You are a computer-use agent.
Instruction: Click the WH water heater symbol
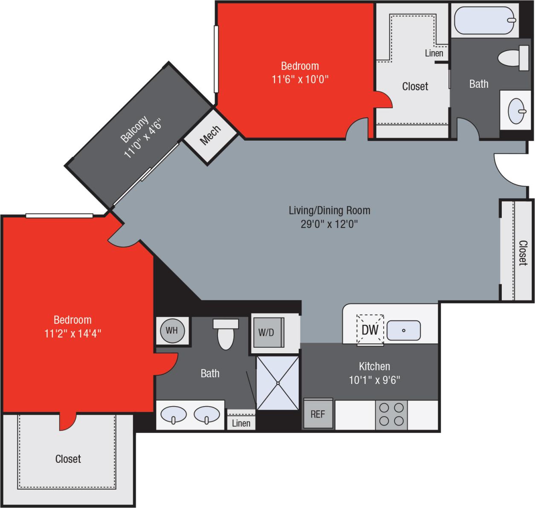click(x=172, y=330)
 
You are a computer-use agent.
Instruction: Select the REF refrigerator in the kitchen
click(x=318, y=414)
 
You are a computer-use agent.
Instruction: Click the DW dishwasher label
click(x=370, y=330)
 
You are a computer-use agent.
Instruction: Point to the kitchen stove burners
click(x=392, y=415)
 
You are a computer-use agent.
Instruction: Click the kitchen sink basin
click(x=404, y=330)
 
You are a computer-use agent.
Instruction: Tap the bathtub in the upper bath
click(x=485, y=20)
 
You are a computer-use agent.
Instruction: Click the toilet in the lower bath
click(x=226, y=335)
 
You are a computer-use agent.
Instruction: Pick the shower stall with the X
click(x=278, y=383)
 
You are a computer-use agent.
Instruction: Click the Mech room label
click(x=210, y=135)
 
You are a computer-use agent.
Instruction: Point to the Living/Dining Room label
click(x=329, y=210)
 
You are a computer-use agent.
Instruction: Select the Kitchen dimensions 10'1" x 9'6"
click(x=374, y=380)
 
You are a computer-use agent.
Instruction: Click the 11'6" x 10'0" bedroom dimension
click(x=300, y=79)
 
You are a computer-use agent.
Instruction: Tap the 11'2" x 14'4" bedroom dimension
click(x=73, y=333)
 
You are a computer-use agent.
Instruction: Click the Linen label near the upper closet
click(x=434, y=53)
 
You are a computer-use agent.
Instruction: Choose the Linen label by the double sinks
click(x=241, y=423)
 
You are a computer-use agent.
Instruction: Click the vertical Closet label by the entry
click(x=523, y=253)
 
